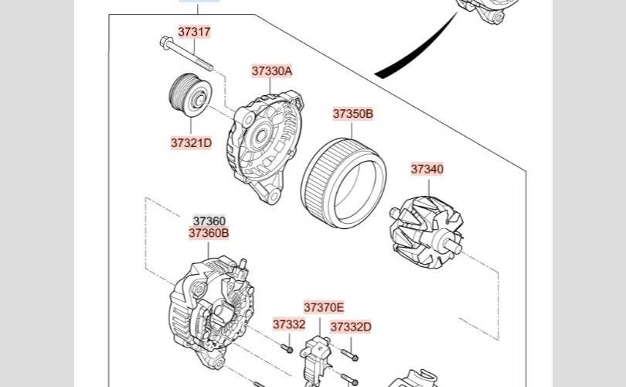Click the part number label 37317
[194, 32]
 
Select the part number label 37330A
[272, 70]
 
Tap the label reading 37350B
[353, 114]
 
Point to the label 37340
[427, 169]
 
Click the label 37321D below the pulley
[191, 142]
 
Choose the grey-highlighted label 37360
[209, 221]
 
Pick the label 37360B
[209, 233]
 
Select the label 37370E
[324, 307]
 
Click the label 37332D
[351, 327]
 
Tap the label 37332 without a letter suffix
[289, 324]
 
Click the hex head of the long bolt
[165, 42]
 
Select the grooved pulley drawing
[190, 95]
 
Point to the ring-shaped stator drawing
[344, 183]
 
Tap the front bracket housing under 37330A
[265, 146]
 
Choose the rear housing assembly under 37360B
[212, 312]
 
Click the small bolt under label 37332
[287, 349]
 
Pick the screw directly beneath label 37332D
[349, 354]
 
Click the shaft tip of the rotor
[456, 248]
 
